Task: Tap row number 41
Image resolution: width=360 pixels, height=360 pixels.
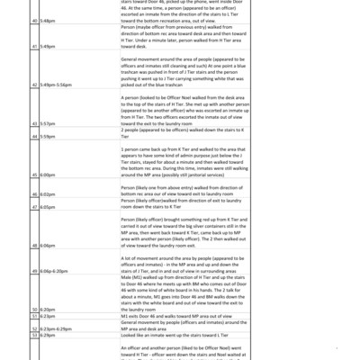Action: [35, 69]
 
